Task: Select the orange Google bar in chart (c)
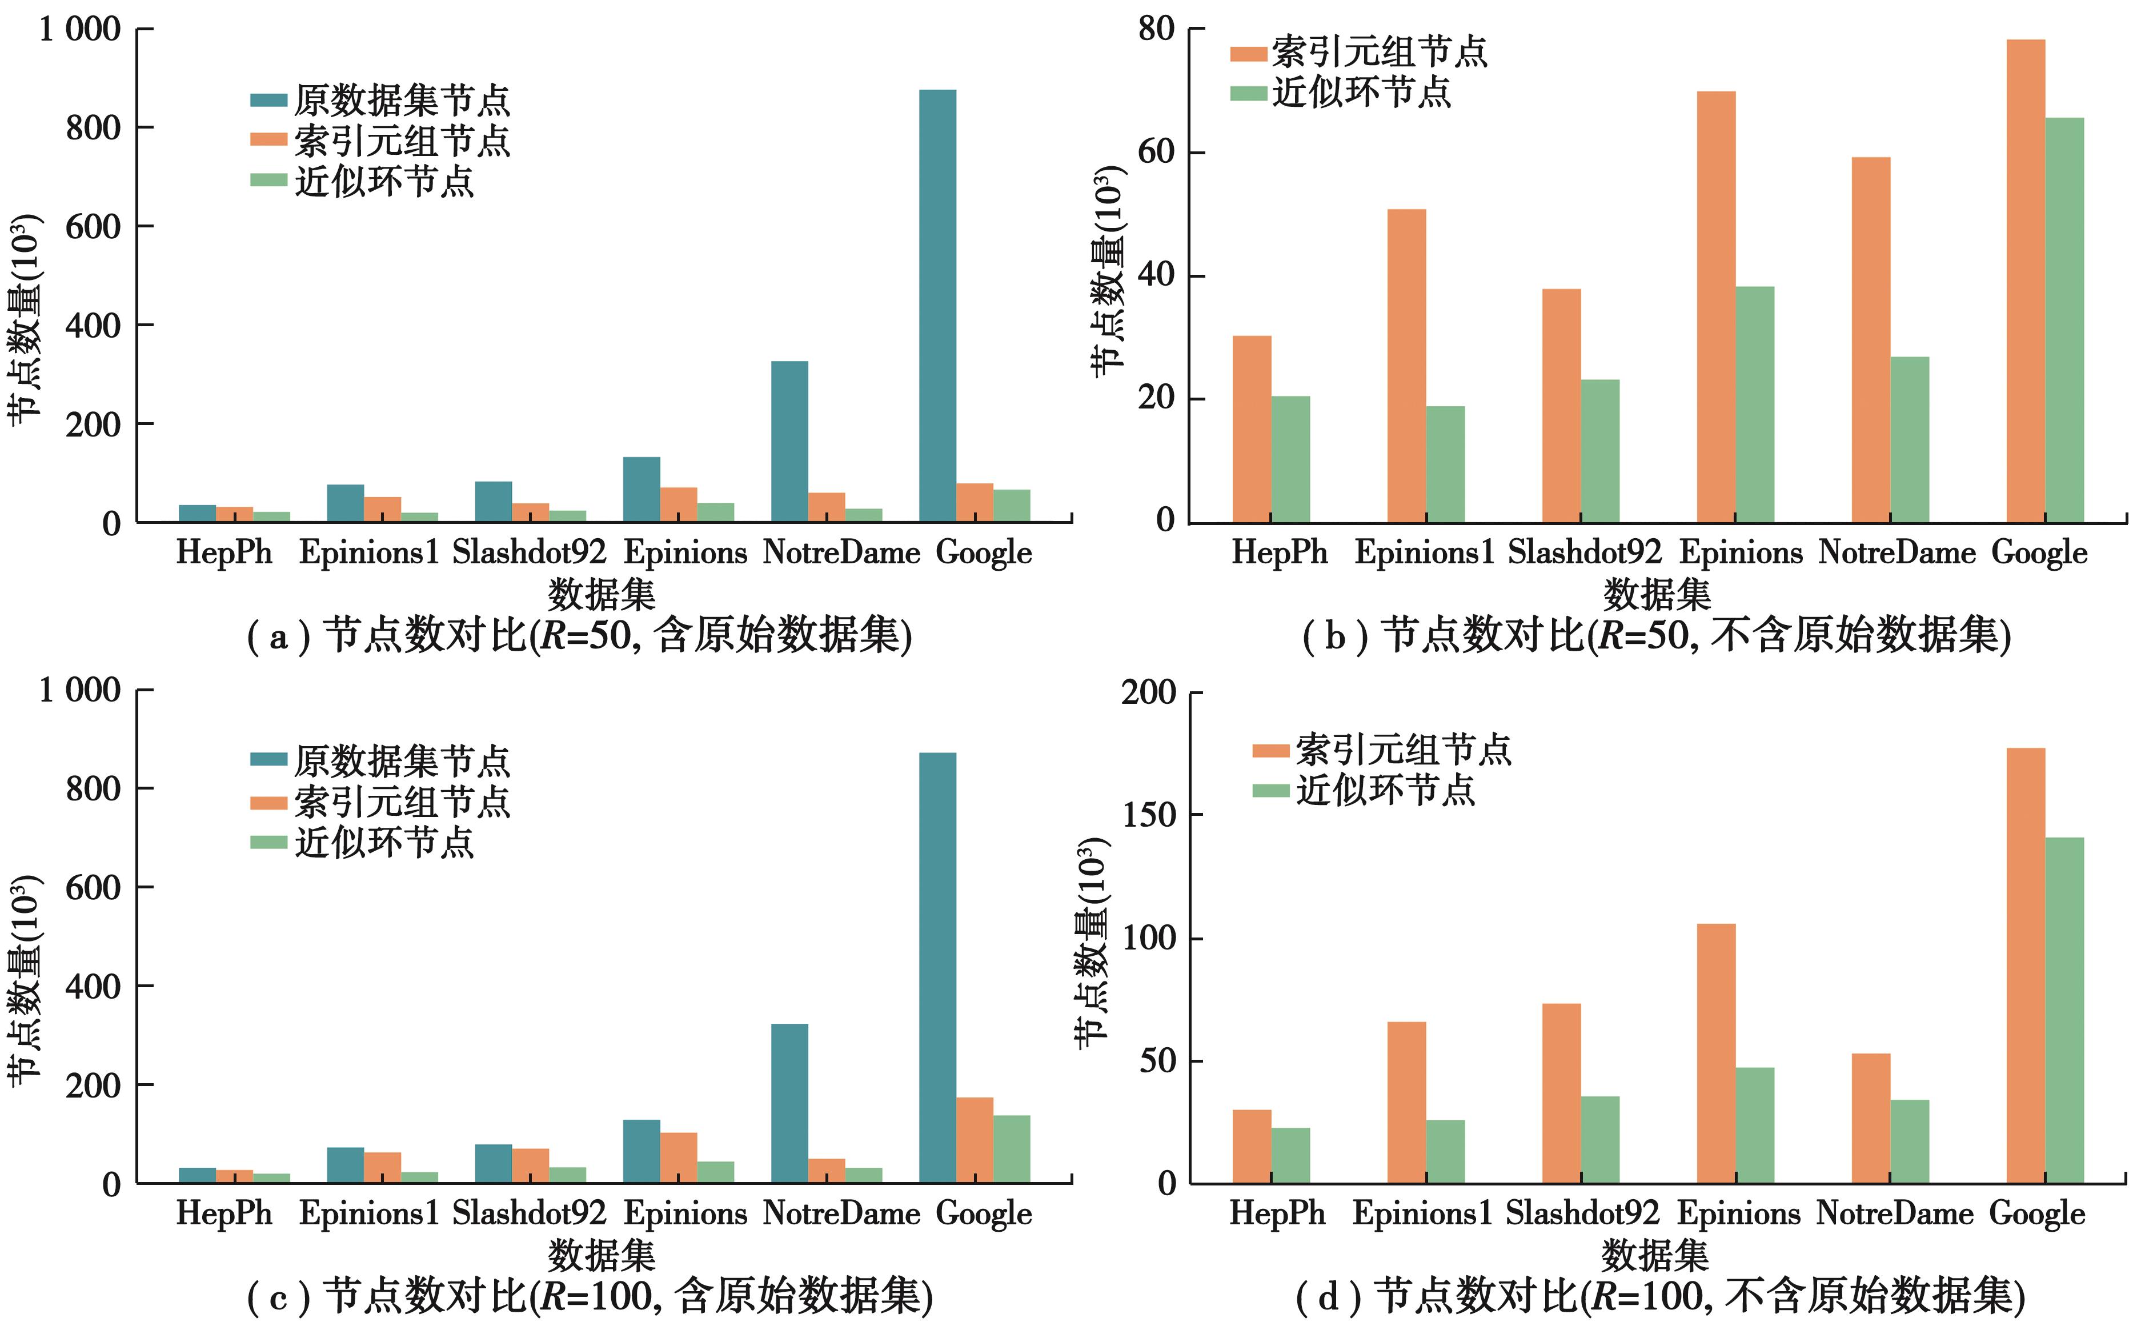pyautogui.click(x=974, y=1140)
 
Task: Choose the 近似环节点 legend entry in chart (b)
pyautogui.click(x=1341, y=92)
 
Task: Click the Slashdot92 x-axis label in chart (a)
pyautogui.click(x=528, y=552)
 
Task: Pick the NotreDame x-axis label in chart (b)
pyautogui.click(x=1897, y=552)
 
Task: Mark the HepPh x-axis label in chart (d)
pyautogui.click(x=1277, y=1214)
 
